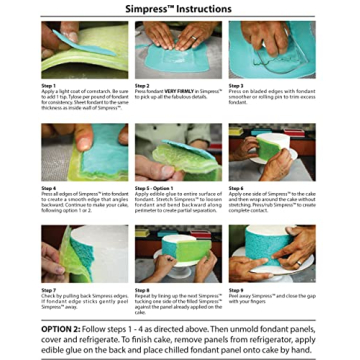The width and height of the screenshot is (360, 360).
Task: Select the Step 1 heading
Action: coord(48,85)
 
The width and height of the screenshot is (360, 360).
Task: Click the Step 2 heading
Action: coord(142,85)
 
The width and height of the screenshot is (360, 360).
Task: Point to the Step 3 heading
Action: coord(236,85)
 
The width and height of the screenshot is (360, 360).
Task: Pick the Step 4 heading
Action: coord(48,187)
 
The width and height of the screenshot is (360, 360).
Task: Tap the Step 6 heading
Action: coord(236,187)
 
